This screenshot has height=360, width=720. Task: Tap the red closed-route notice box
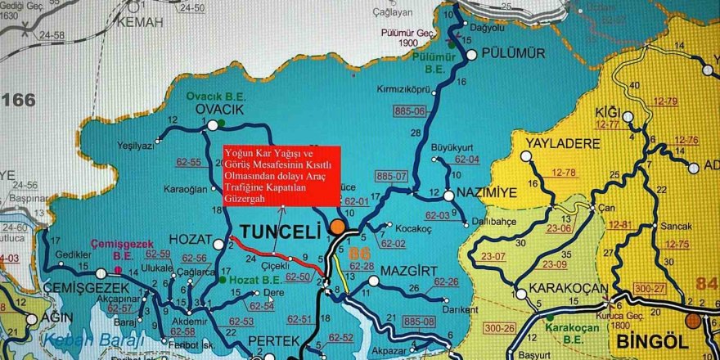[x=281, y=176]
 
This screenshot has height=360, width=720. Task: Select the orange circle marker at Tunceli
[x=337, y=228]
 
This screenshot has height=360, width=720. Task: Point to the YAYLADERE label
[x=559, y=143]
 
